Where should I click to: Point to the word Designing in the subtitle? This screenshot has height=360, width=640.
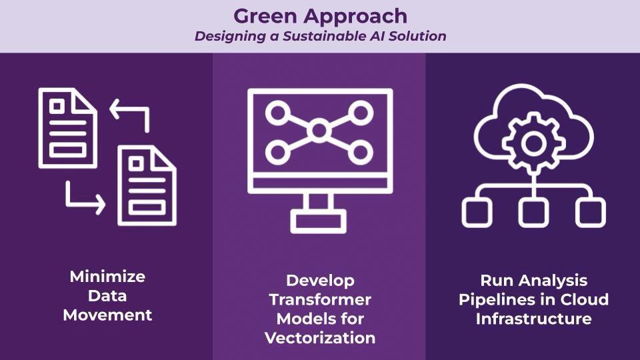click(x=227, y=36)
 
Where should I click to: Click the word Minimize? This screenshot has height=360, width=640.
click(x=107, y=276)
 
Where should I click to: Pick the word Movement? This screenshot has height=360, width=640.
click(x=107, y=315)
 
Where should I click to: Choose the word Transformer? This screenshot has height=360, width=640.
click(x=320, y=299)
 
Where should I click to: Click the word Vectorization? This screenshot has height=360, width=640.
click(x=320, y=338)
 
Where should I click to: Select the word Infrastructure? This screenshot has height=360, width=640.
click(x=533, y=319)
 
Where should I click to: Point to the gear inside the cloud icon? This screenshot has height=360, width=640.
click(x=533, y=142)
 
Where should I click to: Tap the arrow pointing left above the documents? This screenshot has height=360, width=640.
click(x=129, y=113)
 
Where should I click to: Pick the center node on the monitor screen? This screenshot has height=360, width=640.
click(x=319, y=130)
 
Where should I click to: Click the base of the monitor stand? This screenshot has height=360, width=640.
click(x=320, y=221)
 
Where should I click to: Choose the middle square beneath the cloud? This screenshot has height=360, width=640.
click(x=533, y=213)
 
